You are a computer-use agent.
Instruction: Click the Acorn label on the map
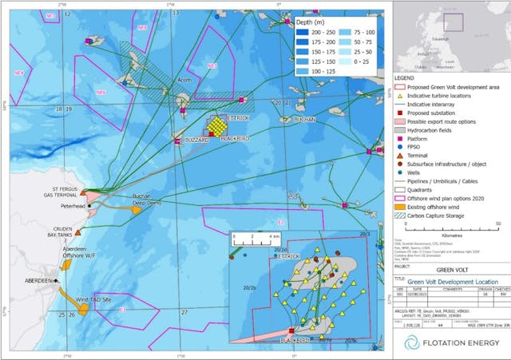tap(184, 81)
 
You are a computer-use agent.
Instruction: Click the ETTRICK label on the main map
tap(239, 119)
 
